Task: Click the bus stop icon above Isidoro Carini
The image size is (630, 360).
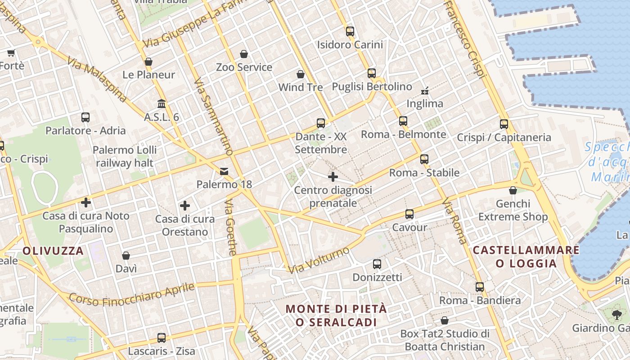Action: [x=350, y=31]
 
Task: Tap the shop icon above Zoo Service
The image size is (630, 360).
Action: [x=244, y=54]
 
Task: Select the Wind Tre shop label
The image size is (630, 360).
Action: [x=301, y=87]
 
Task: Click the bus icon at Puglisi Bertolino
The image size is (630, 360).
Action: [x=372, y=73]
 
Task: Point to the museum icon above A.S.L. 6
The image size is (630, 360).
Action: [x=162, y=104]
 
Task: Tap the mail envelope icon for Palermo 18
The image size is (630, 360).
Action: [x=224, y=171]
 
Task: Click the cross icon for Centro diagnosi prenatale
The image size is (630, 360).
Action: [x=333, y=177]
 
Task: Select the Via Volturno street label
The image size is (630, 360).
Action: [x=319, y=260]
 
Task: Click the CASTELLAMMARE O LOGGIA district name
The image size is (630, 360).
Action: [x=526, y=256]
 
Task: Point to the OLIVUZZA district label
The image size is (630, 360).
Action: [x=53, y=251]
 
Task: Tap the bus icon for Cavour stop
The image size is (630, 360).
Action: [x=409, y=214]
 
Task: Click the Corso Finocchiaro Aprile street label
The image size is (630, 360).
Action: [x=132, y=294]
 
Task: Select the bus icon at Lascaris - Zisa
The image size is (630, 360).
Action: [x=162, y=338]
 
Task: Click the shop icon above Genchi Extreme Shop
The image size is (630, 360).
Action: [x=513, y=191]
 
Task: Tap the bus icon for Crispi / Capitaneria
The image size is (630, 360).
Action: [x=504, y=124]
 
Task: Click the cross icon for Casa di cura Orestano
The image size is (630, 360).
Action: [x=185, y=206]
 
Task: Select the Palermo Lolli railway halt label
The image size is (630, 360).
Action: [x=125, y=156]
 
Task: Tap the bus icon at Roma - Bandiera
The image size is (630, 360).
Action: [x=480, y=287]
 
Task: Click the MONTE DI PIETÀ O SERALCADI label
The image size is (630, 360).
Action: [x=337, y=315]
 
